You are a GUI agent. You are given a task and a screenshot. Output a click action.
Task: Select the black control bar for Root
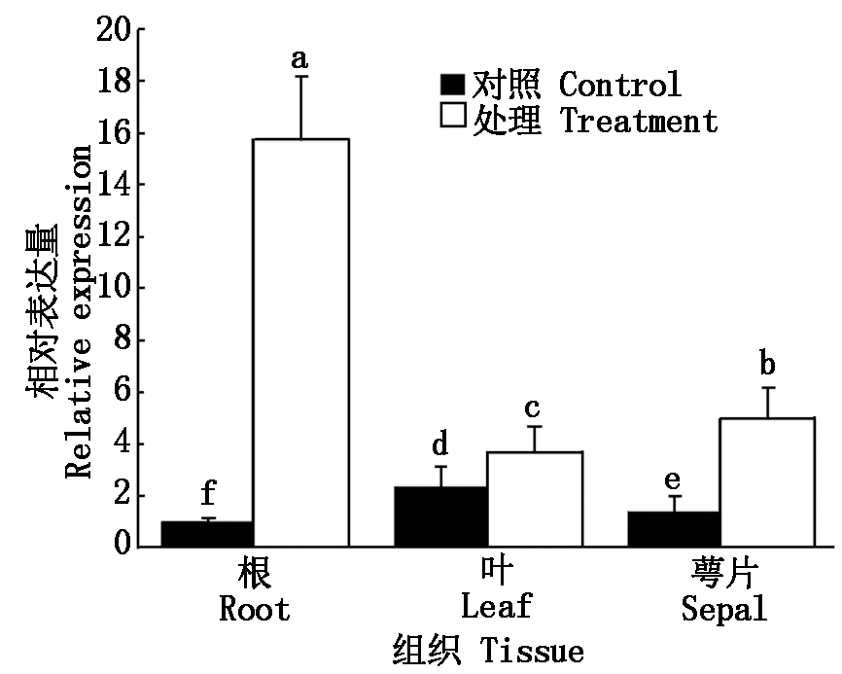(207, 534)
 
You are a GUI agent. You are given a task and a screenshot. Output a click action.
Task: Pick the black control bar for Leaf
(440, 516)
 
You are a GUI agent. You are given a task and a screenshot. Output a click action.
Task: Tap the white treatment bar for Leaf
(534, 499)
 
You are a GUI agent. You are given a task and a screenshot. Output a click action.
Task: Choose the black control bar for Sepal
(674, 529)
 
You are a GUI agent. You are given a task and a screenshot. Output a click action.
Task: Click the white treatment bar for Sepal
(767, 481)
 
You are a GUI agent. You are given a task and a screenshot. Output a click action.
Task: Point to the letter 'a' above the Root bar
(300, 60)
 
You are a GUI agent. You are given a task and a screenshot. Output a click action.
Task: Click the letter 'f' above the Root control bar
(207, 493)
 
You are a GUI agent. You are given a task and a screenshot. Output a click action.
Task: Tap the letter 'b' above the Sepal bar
(767, 366)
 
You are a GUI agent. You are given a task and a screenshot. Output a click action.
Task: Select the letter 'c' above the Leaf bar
(534, 407)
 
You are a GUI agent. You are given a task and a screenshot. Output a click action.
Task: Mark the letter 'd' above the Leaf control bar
(440, 445)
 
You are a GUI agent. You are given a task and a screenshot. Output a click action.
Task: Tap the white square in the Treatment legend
(452, 119)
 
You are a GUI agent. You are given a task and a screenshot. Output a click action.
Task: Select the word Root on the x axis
(255, 609)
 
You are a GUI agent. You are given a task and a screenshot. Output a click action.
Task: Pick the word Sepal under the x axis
(723, 609)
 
